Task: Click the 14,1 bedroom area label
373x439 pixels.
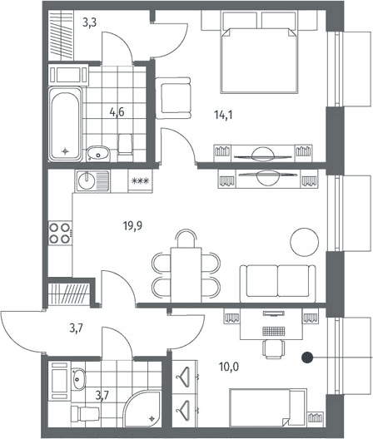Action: pyautogui.click(x=223, y=115)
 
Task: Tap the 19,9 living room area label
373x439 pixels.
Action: pyautogui.click(x=132, y=225)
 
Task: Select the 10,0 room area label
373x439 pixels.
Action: pyautogui.click(x=229, y=367)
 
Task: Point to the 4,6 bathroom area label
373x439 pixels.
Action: pyautogui.click(x=117, y=112)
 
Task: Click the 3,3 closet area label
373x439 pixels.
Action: pyautogui.click(x=89, y=22)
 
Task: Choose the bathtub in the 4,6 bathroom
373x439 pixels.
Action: pyautogui.click(x=65, y=124)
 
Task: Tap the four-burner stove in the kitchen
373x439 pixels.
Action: pyautogui.click(x=60, y=233)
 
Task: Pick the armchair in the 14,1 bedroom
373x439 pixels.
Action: pyautogui.click(x=174, y=98)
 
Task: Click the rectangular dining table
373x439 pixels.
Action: pyautogui.click(x=186, y=275)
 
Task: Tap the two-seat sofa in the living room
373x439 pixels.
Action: pyautogui.click(x=277, y=284)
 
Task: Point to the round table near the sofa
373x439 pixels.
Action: pyautogui.click(x=304, y=242)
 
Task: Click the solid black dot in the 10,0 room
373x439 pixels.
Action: pyautogui.click(x=307, y=358)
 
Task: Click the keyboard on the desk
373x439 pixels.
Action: pyautogui.click(x=273, y=331)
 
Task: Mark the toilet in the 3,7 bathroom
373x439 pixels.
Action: pyautogui.click(x=85, y=413)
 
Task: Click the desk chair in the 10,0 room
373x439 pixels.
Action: pyautogui.click(x=274, y=349)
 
